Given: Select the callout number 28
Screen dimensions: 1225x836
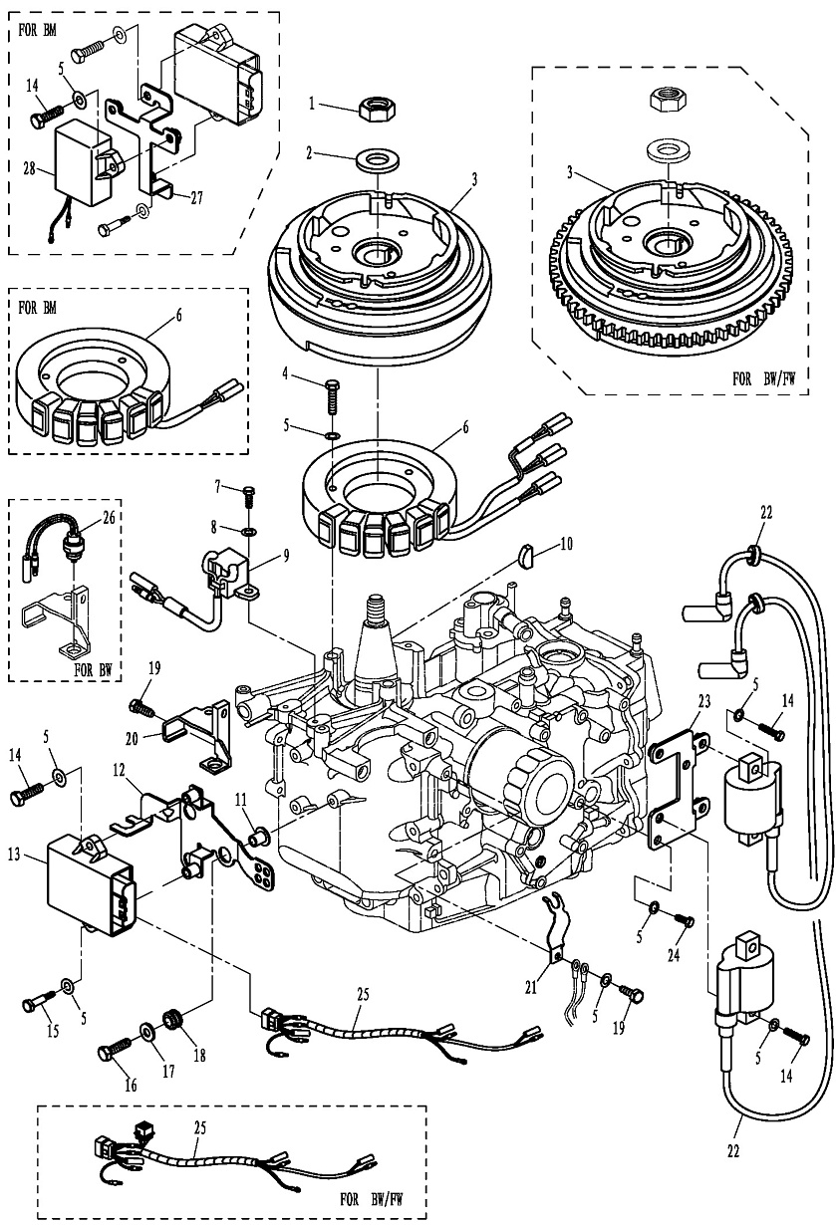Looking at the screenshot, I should tap(30, 170).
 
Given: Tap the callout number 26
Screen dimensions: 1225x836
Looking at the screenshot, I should tap(109, 519).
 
